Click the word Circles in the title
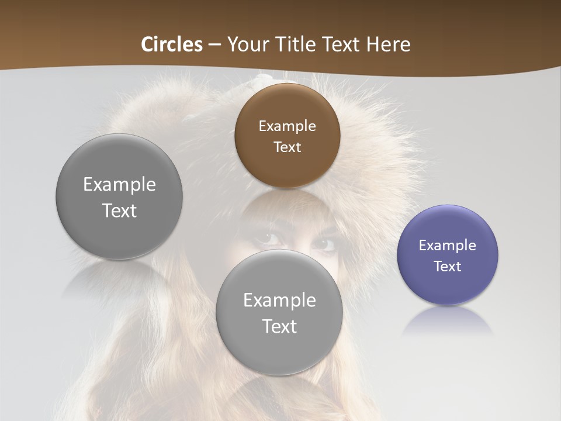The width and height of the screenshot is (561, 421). [x=171, y=44]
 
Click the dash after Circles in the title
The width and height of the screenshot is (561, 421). [x=214, y=45]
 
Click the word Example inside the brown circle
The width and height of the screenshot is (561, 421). [x=287, y=126]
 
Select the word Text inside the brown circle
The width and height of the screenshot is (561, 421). [x=287, y=147]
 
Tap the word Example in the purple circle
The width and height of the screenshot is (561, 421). [x=447, y=245]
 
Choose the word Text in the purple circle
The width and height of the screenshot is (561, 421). [x=447, y=266]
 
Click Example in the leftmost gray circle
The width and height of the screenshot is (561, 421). [x=119, y=184]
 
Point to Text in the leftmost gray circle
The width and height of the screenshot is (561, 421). [x=119, y=210]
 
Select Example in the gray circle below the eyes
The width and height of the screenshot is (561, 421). [x=279, y=300]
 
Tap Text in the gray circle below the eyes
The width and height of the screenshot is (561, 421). [x=279, y=326]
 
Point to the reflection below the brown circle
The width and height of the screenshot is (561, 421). [x=286, y=202]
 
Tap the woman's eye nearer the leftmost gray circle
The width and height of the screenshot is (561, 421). [x=270, y=239]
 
